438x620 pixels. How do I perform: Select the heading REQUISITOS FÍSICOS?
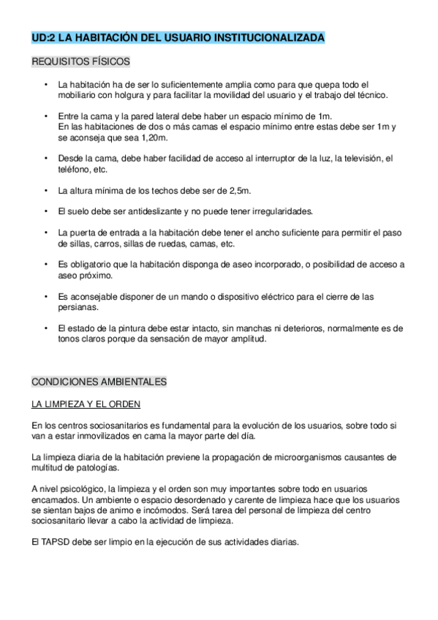(x=80, y=62)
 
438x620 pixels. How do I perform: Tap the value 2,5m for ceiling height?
(x=236, y=190)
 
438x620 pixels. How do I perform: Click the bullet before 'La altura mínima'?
(x=46, y=190)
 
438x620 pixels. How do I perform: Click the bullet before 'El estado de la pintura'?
(x=46, y=329)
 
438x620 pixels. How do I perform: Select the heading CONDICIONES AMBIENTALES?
(x=99, y=382)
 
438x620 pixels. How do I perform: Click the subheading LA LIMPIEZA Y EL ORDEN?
(x=86, y=404)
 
